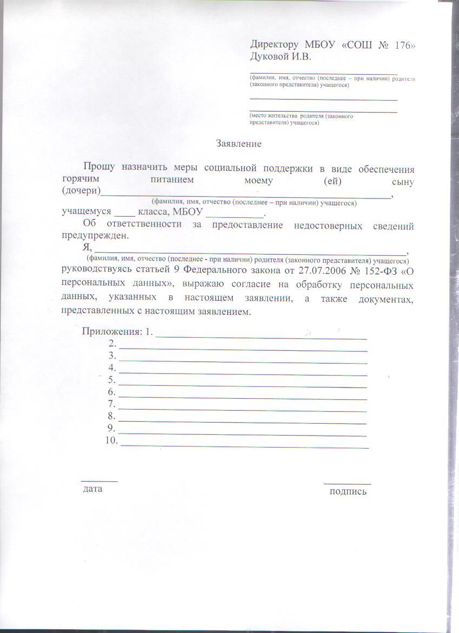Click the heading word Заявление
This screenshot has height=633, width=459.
coord(239,144)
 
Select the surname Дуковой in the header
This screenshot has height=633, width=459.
coord(270,57)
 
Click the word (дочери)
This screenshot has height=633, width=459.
coord(81,191)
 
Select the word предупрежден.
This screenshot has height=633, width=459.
coord(95,236)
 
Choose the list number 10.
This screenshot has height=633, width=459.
coord(112,441)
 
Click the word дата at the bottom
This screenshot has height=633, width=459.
coord(93,489)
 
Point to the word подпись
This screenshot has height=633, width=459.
coord(348,492)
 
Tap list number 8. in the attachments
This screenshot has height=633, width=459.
coord(112,416)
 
